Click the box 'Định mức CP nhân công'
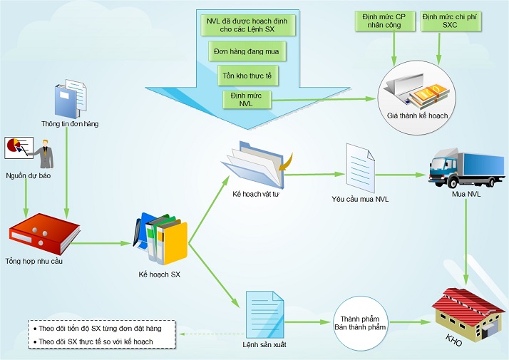click(x=382, y=20)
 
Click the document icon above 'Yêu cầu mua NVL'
click(x=359, y=166)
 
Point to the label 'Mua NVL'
click(x=464, y=193)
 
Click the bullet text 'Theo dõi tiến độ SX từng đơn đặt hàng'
click(x=104, y=329)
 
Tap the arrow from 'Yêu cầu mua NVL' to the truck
click(x=403, y=173)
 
